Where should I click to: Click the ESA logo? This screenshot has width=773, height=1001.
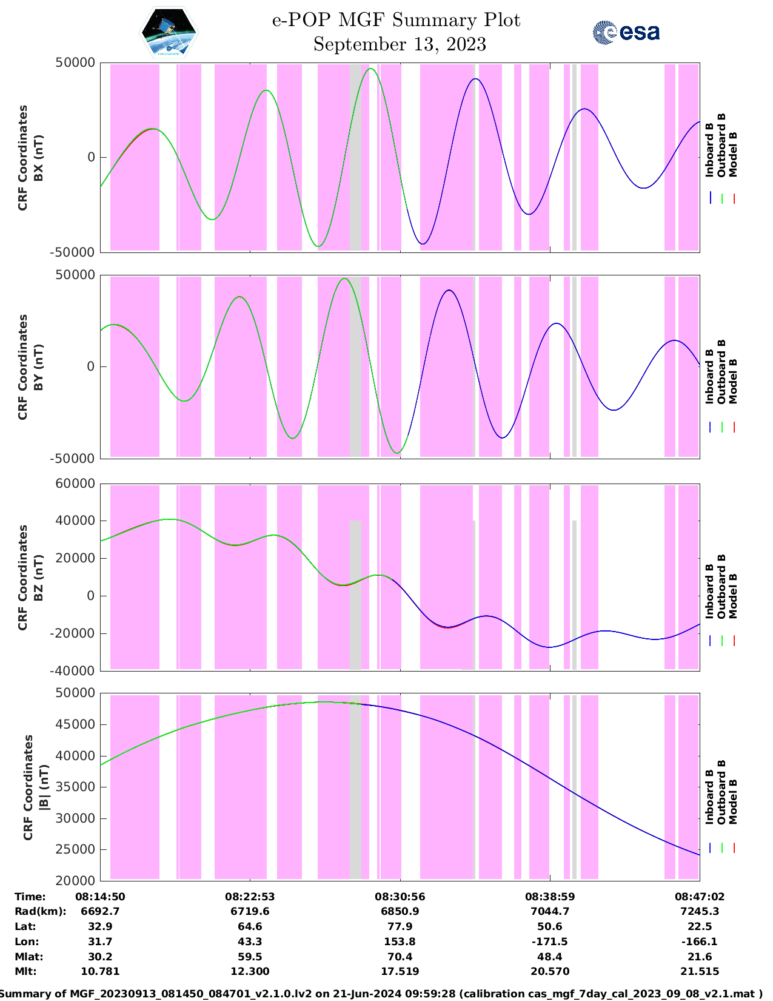pos(626,32)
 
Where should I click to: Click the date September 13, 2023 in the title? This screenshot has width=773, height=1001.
pos(400,44)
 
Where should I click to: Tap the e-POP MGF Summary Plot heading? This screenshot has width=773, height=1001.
pos(396,20)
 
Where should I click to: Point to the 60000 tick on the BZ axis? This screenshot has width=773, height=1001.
pos(75,484)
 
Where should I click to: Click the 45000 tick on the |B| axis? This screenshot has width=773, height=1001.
pos(75,724)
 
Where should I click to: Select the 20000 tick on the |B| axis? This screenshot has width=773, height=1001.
pos(75,880)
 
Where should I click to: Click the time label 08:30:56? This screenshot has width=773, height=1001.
pos(400,897)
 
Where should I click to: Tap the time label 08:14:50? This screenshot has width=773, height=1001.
pos(100,897)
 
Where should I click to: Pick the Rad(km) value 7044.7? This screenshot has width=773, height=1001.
pos(549,911)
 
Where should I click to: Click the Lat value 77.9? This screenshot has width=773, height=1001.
pos(400,926)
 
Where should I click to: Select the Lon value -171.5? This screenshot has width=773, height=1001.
pos(549,942)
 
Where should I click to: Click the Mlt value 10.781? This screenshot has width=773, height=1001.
pos(100,971)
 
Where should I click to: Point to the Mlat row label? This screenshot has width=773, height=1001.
pos(28,957)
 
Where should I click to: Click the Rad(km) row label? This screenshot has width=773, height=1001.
pos(40,911)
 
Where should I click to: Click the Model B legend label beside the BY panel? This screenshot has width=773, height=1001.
pos(733,381)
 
